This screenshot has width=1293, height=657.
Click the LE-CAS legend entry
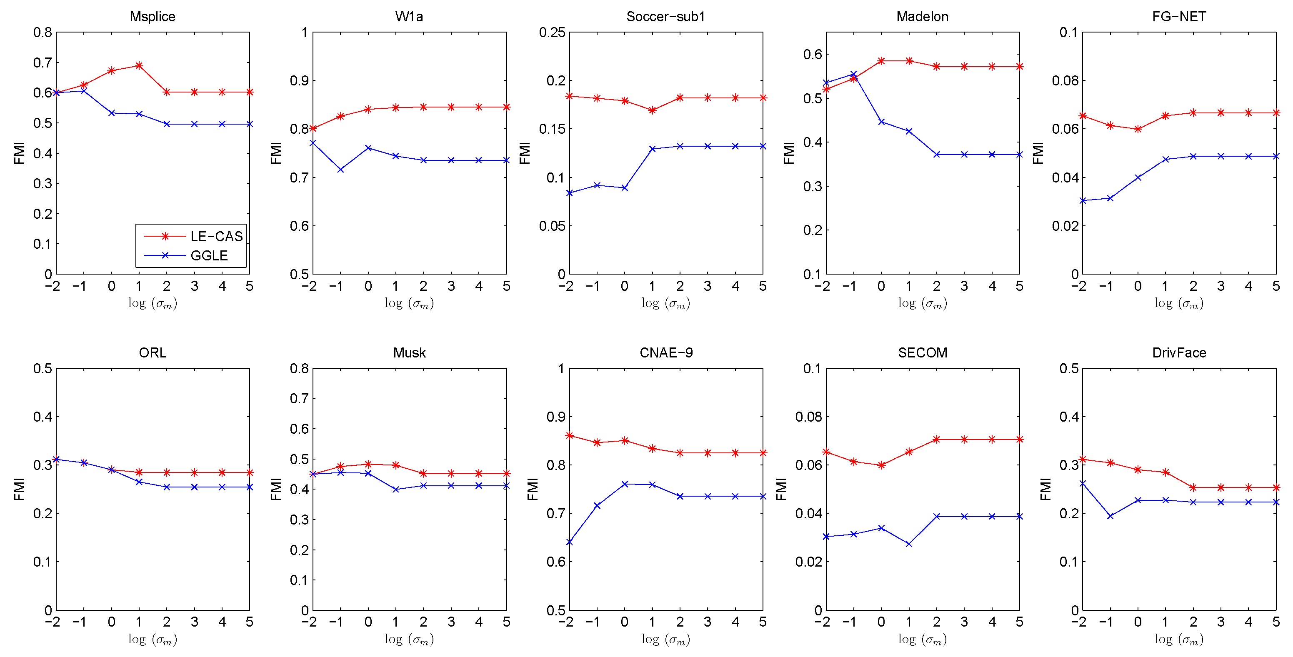point(216,236)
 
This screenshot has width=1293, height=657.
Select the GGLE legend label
point(209,255)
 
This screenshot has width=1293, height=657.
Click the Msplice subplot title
point(153,17)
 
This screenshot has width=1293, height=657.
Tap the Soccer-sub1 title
point(665,17)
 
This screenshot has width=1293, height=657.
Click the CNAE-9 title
point(665,352)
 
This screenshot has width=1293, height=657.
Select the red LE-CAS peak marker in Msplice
point(139,65)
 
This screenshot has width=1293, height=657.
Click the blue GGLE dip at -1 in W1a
point(340,170)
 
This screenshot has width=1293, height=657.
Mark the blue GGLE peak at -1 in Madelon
point(853,74)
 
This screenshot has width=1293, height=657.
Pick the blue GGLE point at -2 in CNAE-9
point(569,542)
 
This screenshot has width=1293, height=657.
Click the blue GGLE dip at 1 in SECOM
point(908,544)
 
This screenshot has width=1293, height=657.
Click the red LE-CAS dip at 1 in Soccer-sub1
point(652,110)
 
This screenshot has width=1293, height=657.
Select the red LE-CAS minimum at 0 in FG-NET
point(1138,129)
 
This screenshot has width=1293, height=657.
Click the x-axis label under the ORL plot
point(153,639)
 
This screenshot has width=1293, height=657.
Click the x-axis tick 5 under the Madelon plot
point(1019,286)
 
